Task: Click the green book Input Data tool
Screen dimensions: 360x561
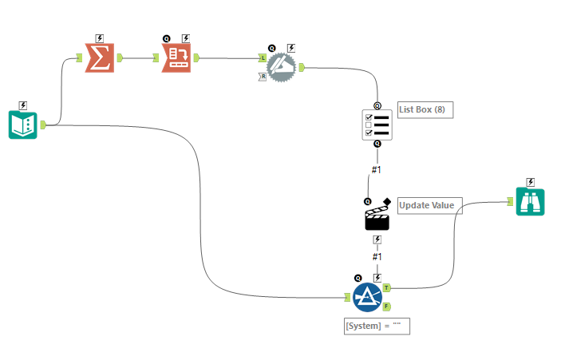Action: tap(23, 125)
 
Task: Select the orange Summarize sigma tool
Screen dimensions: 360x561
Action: tap(101, 57)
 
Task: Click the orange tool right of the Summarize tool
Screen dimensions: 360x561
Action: tap(176, 57)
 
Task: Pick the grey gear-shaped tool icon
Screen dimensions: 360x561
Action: tap(280, 67)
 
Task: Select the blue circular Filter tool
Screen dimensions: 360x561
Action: tap(368, 297)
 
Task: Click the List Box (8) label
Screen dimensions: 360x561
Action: tap(425, 109)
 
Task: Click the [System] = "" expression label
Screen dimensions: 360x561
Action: tap(376, 326)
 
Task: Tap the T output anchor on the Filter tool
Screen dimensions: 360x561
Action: tap(387, 287)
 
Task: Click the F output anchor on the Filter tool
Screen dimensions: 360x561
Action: tap(387, 307)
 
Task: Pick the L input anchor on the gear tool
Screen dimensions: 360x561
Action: tap(263, 57)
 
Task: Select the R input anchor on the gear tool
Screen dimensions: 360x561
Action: tap(263, 77)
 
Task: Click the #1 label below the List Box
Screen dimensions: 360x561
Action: tap(377, 169)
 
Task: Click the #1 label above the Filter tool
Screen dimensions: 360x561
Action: tap(377, 256)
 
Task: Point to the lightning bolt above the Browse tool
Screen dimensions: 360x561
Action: tap(530, 182)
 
